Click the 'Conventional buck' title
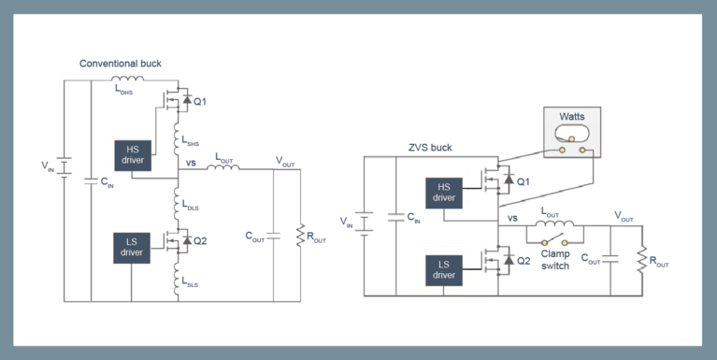pyautogui.click(x=120, y=64)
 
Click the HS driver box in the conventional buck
pyautogui.click(x=132, y=154)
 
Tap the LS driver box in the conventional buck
pyautogui.click(x=132, y=246)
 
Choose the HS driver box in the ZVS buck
pyautogui.click(x=444, y=192)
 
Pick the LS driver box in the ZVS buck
pyautogui.click(x=444, y=268)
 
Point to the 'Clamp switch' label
pyautogui.click(x=561, y=258)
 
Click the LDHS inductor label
pyautogui.click(x=124, y=92)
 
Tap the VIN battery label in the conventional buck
pyautogui.click(x=48, y=166)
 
